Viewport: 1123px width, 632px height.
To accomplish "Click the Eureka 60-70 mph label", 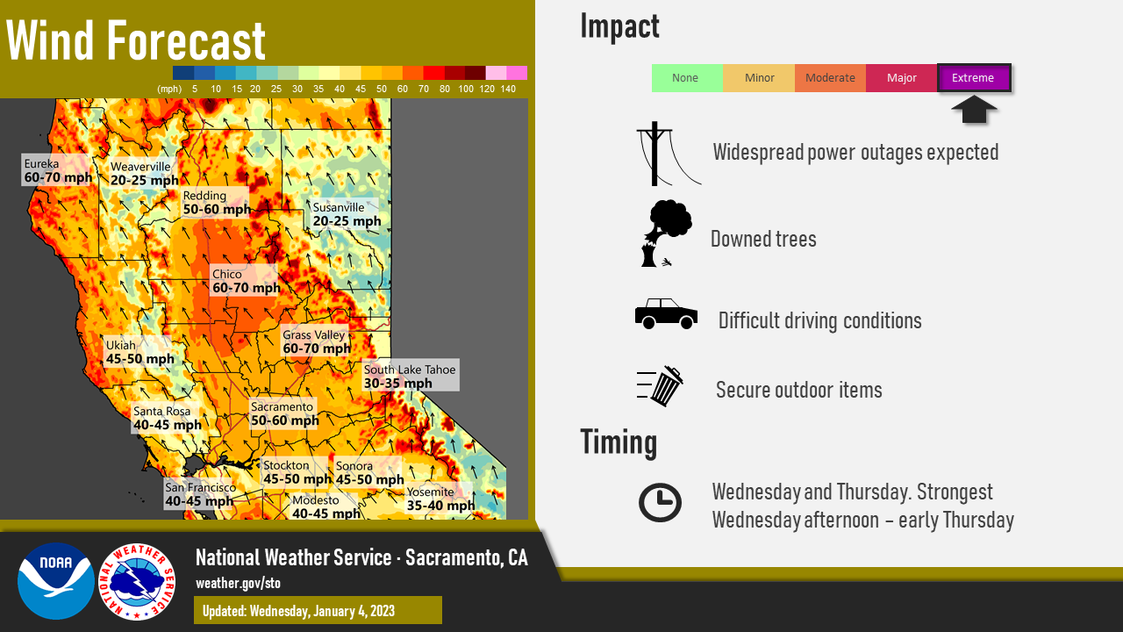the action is [x=56, y=170].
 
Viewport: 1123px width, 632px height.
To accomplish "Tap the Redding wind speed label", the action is [x=216, y=202].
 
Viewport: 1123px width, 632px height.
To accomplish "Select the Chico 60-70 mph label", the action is [x=244, y=282].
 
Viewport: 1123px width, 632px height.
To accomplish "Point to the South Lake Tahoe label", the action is [x=410, y=375].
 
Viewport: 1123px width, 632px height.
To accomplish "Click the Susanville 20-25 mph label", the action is [x=346, y=214].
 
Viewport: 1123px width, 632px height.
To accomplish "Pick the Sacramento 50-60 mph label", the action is [x=284, y=413].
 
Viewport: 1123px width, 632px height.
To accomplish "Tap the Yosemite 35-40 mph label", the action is [x=440, y=498].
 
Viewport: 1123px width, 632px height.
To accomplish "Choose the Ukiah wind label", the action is [x=139, y=352].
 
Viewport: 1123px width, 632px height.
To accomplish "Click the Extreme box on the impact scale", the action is [x=974, y=78].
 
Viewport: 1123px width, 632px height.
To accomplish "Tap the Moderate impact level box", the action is [x=830, y=78].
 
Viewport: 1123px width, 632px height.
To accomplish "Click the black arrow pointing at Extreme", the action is [x=974, y=110].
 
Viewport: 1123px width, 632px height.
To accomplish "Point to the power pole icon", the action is [x=666, y=154].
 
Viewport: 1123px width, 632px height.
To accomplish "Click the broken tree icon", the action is [x=666, y=233].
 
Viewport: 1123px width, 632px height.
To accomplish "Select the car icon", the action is [x=666, y=313].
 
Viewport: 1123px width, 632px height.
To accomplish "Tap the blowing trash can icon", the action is [x=661, y=385].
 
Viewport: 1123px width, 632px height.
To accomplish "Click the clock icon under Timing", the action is [x=660, y=503].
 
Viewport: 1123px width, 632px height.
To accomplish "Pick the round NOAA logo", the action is [x=56, y=581].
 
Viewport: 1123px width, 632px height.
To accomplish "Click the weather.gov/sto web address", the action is [x=238, y=584].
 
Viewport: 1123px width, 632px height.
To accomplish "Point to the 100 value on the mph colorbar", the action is [x=466, y=89].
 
